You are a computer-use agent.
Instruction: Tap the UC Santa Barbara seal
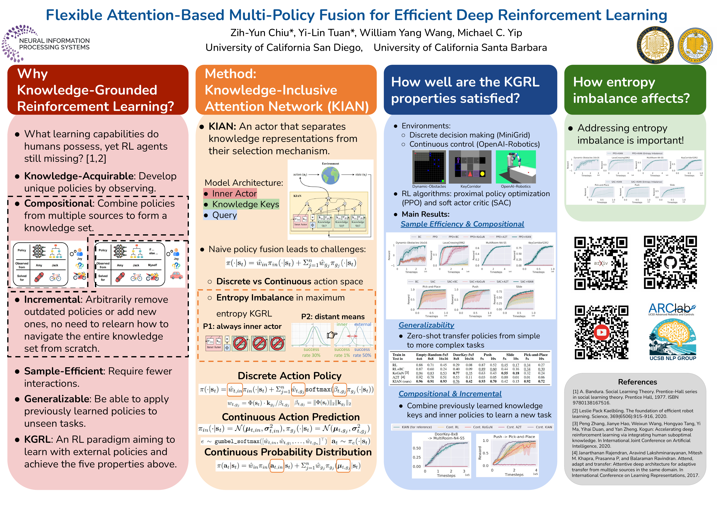tap(695, 46)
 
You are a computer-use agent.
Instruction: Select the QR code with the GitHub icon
tap(670, 262)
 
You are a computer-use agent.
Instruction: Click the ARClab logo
tap(671, 309)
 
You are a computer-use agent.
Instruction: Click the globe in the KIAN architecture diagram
tap(330, 175)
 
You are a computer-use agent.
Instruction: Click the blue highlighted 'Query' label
tap(220, 215)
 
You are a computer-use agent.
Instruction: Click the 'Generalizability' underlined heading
tap(426, 325)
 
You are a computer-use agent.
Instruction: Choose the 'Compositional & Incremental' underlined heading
tap(450, 394)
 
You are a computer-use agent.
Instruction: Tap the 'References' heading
tap(637, 382)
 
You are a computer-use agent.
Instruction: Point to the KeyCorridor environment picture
tap(470, 167)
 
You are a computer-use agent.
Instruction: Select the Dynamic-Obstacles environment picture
tap(429, 167)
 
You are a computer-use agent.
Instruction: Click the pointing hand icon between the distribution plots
tap(332, 335)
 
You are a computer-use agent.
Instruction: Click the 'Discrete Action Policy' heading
tap(289, 376)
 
